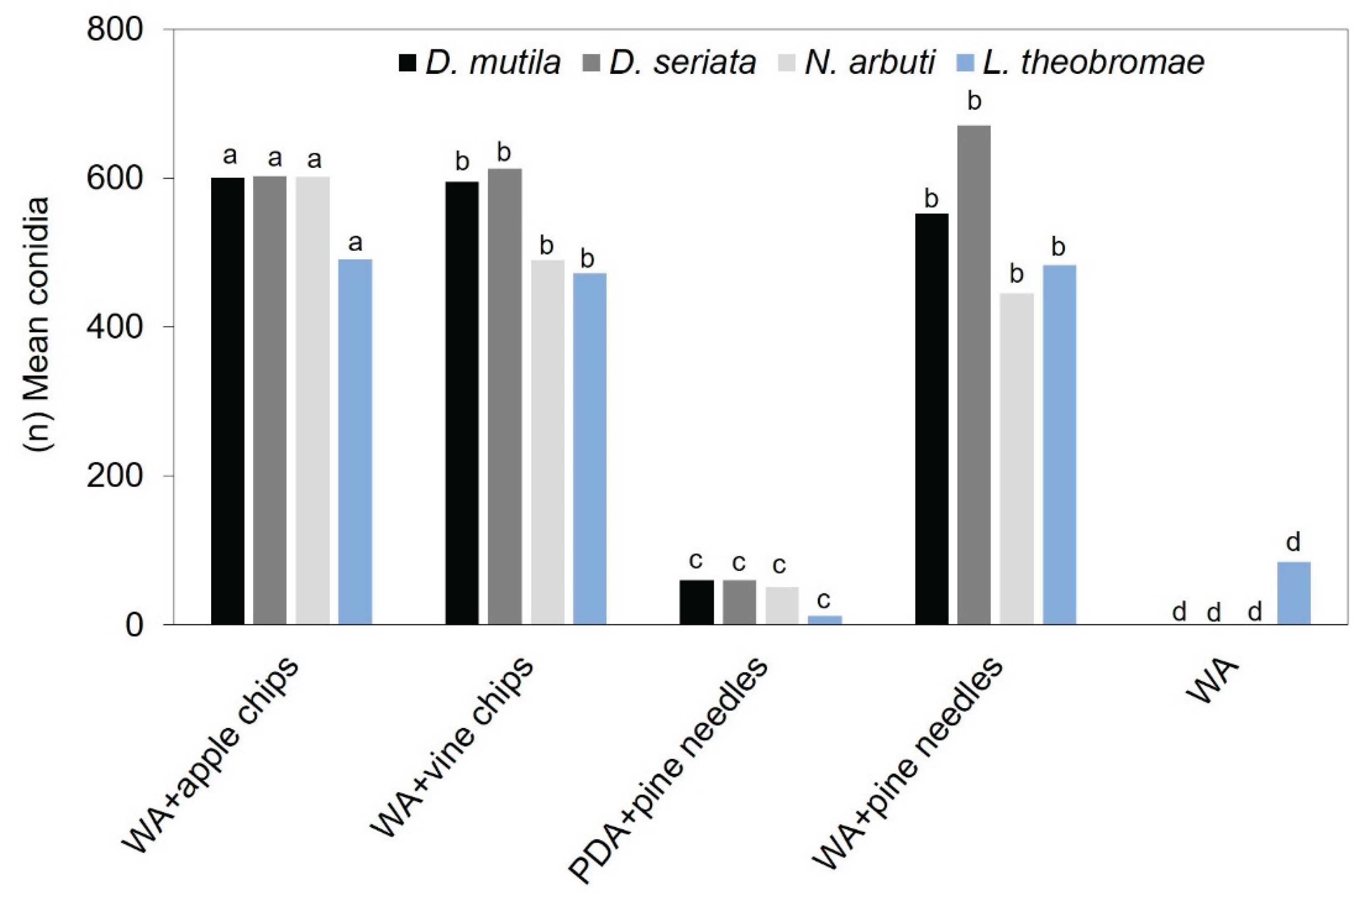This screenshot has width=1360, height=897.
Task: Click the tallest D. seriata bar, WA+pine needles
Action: tap(973, 375)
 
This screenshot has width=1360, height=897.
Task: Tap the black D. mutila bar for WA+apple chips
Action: tap(228, 400)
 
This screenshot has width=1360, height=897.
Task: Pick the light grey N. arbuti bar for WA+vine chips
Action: tap(548, 441)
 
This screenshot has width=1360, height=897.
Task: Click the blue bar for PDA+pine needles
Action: tap(825, 620)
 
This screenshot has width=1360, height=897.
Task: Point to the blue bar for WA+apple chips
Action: tap(355, 441)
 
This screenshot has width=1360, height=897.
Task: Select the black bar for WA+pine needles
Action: tap(931, 419)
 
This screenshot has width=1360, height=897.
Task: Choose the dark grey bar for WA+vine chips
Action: tap(504, 396)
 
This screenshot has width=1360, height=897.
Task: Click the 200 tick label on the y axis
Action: tap(114, 476)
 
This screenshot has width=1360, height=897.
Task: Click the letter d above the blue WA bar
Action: tap(1293, 542)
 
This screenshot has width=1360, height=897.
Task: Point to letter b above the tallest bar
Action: tap(973, 102)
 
